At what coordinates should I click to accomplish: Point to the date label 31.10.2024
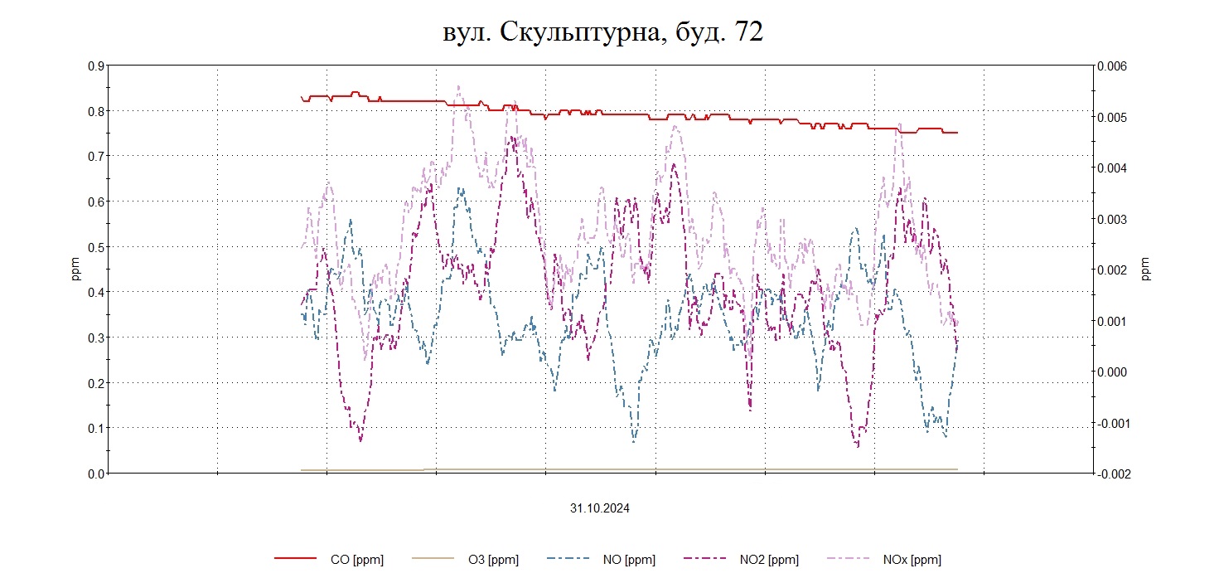click(x=599, y=508)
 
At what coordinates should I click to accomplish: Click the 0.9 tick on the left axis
click(x=96, y=66)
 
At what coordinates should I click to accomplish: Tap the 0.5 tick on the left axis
click(x=96, y=247)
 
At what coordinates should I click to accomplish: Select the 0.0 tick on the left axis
click(x=96, y=474)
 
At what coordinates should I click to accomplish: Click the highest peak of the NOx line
click(x=458, y=85)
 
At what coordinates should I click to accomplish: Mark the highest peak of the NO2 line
click(x=514, y=137)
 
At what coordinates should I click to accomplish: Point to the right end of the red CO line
click(x=957, y=133)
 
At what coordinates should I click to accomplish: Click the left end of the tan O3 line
click(x=302, y=470)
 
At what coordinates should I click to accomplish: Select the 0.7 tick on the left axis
click(x=96, y=156)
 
